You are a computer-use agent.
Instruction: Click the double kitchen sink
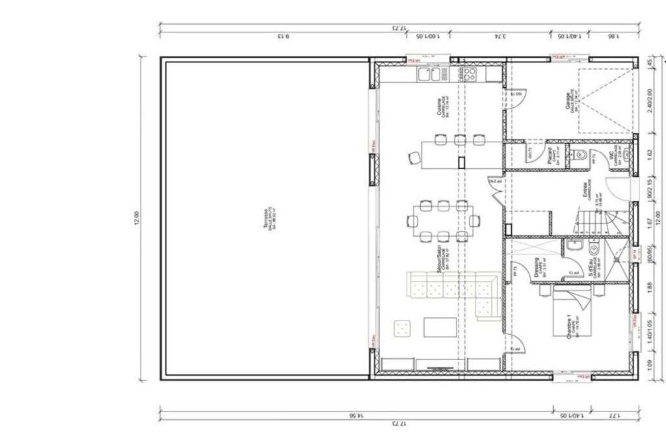[429, 73]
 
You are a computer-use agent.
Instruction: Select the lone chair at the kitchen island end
[414, 157]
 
